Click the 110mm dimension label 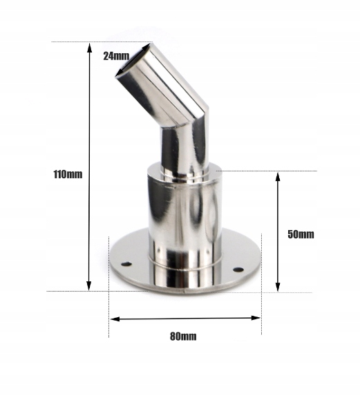coord(68,174)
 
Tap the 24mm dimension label coord(116,56)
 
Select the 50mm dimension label coord(301,234)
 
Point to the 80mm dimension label coord(183,337)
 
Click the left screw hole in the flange coord(126,264)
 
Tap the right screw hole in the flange coord(238,270)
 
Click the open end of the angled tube coord(132,61)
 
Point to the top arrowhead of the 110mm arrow coord(89,48)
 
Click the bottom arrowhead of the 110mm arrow coord(89,285)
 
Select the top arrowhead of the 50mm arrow coord(278,177)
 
